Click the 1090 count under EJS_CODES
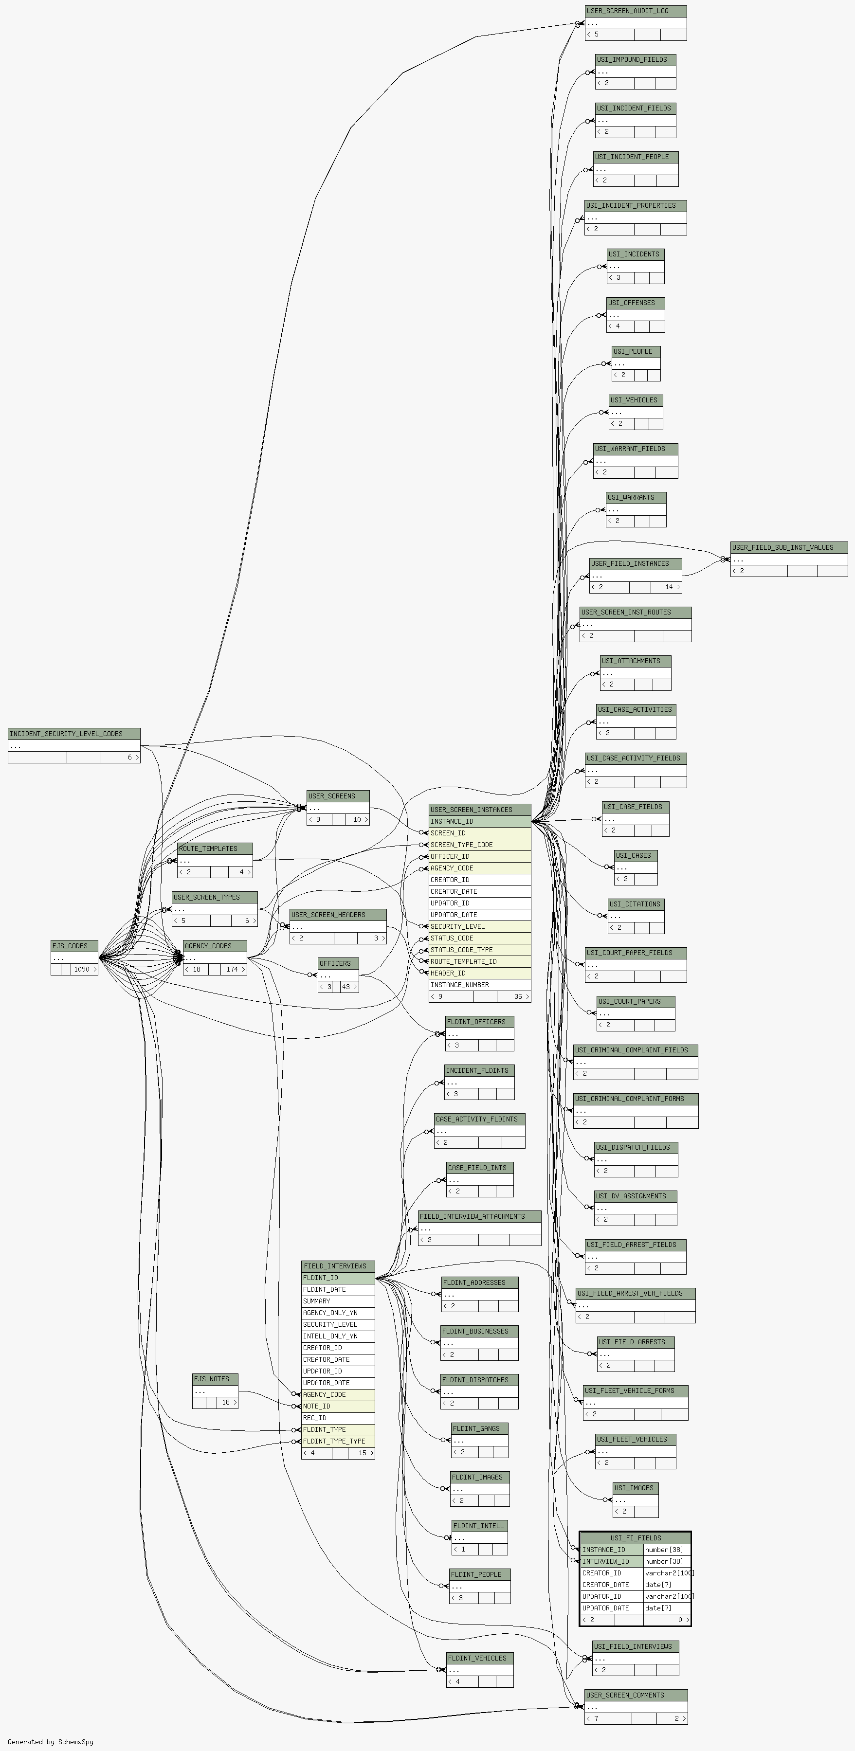pyautogui.click(x=82, y=969)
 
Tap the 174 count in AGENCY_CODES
pyautogui.click(x=233, y=969)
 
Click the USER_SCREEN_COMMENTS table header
pyautogui.click(x=636, y=1695)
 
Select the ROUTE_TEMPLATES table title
pyautogui.click(x=215, y=849)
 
